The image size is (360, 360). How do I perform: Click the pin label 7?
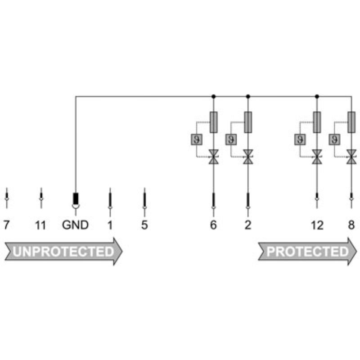[6, 225]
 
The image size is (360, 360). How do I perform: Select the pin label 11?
[40, 225]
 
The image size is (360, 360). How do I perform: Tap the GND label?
[76, 225]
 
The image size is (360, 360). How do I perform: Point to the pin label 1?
[110, 225]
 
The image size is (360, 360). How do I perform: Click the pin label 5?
[144, 225]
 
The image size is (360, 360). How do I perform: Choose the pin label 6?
[213, 225]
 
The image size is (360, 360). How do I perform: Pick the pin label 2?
[248, 225]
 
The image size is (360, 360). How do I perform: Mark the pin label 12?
[317, 225]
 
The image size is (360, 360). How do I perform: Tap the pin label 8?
[351, 225]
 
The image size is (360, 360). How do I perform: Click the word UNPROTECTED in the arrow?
[63, 252]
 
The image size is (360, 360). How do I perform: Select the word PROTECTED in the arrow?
[307, 252]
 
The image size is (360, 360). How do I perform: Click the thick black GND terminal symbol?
[76, 198]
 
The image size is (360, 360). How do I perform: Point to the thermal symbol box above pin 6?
[196, 139]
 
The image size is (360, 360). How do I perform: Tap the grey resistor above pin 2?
[248, 122]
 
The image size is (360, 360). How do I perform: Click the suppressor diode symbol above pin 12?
[317, 157]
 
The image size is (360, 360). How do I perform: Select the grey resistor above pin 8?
[351, 122]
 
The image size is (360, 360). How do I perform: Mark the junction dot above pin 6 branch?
[213, 96]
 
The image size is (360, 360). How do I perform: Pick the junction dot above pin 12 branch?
[317, 96]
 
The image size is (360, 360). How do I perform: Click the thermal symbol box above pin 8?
[334, 139]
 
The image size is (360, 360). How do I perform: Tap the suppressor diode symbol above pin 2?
[248, 157]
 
